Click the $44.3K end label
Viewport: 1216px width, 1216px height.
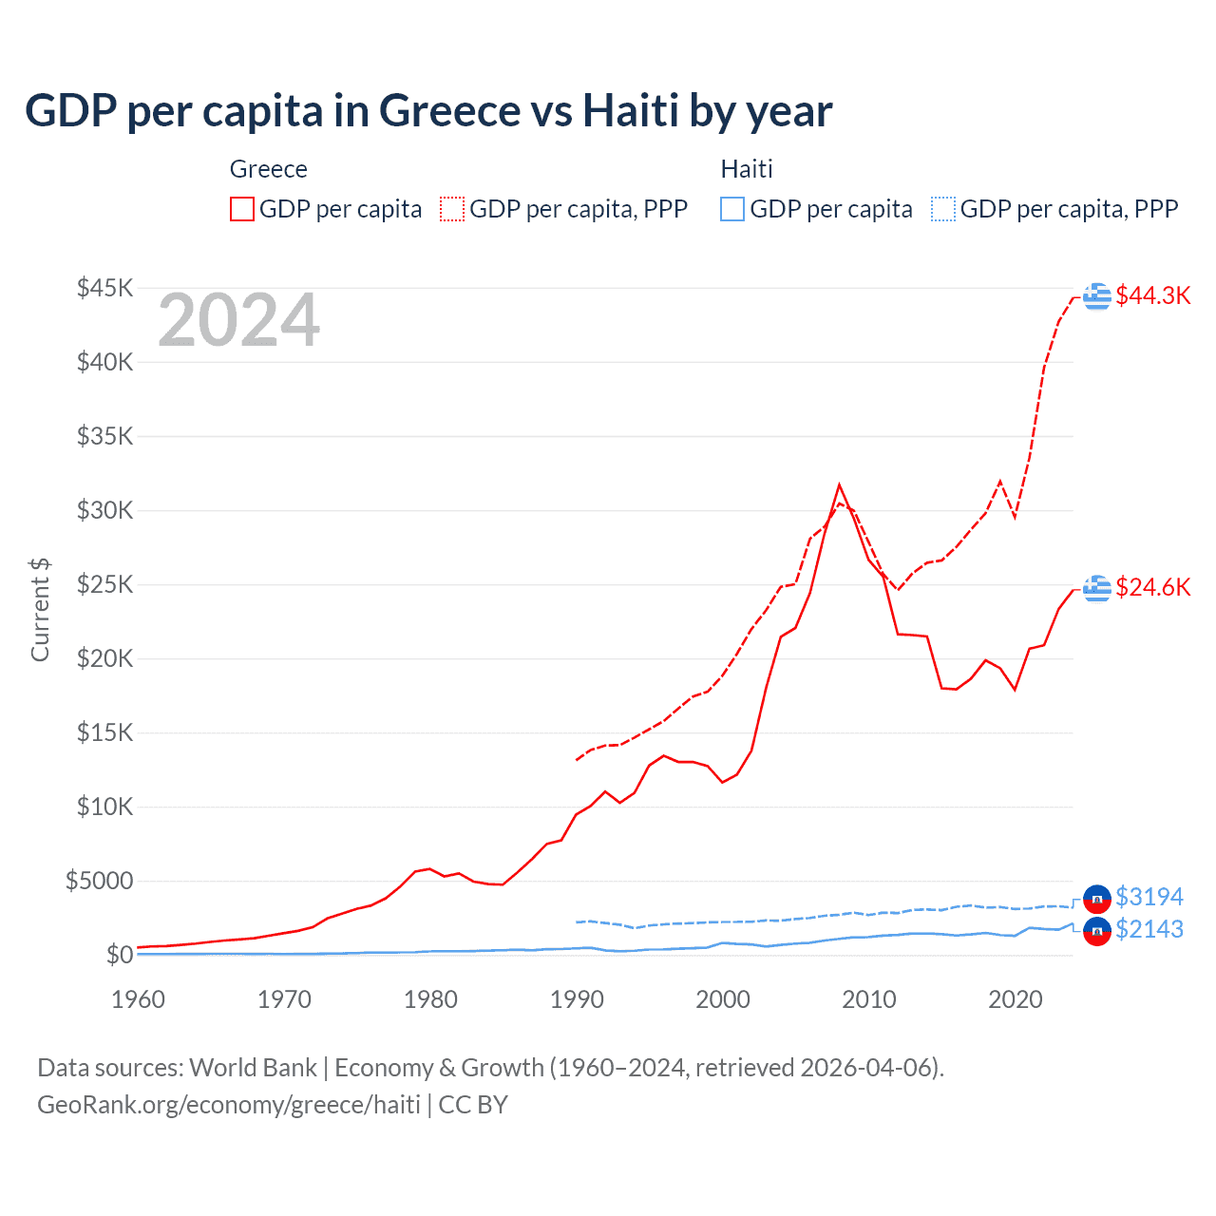[x=1152, y=295]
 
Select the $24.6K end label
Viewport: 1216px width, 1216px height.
[x=1152, y=587]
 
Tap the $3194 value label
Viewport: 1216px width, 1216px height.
[x=1149, y=897]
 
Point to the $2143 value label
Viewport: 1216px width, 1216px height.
[x=1149, y=929]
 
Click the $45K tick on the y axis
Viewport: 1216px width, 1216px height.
[x=104, y=288]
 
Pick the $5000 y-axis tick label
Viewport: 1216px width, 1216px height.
[x=99, y=881]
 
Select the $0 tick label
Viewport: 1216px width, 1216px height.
[x=120, y=955]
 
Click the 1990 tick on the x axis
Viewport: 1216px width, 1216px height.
[x=577, y=999]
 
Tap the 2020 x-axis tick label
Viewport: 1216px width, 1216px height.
[x=1015, y=999]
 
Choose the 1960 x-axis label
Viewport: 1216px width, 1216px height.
[x=139, y=999]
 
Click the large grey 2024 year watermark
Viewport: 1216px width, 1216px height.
[x=238, y=320]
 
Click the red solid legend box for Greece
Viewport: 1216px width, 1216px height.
[x=242, y=209]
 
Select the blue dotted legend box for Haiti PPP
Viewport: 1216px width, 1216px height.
[x=943, y=209]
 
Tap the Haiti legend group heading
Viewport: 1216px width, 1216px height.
[x=747, y=169]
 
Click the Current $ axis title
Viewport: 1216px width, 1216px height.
[x=40, y=610]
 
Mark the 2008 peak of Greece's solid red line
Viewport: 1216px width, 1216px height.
[x=839, y=485]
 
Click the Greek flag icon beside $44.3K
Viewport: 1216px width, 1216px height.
[x=1096, y=295]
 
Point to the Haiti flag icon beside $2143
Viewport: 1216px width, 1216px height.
[x=1096, y=931]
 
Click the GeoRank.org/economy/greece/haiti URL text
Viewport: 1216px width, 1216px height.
[x=229, y=1105]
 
